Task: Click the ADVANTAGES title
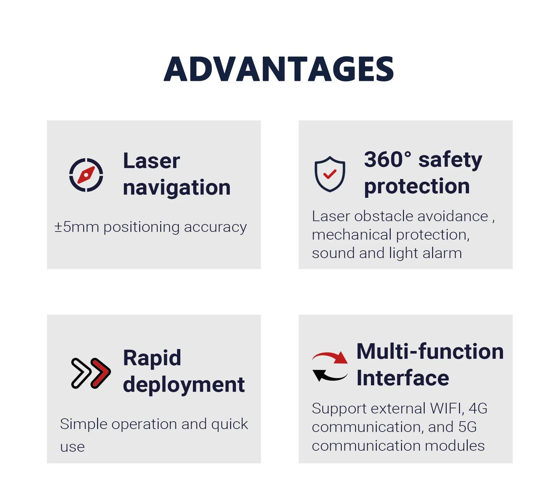click(x=279, y=69)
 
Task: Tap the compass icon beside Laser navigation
click(x=86, y=175)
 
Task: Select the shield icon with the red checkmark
click(x=330, y=174)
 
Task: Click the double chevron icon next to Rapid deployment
click(x=91, y=373)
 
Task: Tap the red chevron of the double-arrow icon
click(x=101, y=373)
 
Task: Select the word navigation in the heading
click(x=177, y=188)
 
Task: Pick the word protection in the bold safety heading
click(x=417, y=186)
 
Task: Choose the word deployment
click(x=184, y=385)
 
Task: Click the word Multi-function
click(x=430, y=351)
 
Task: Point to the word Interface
click(x=403, y=378)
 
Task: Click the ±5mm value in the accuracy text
click(x=77, y=227)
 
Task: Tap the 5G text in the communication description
click(x=467, y=427)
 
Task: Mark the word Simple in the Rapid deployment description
click(x=84, y=424)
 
